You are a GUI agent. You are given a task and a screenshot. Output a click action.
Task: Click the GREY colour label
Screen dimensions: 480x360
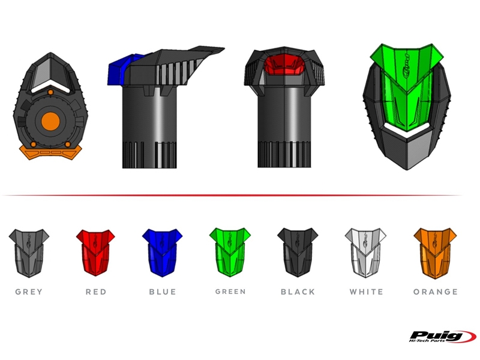(x=29, y=292)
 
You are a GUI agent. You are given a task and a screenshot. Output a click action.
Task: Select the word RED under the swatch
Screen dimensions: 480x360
(x=96, y=292)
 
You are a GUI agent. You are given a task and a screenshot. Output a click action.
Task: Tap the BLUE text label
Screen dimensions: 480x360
(x=163, y=292)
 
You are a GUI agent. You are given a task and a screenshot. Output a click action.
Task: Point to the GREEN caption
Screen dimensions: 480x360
(x=230, y=292)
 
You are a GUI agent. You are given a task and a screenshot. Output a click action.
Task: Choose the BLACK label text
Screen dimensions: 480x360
(x=298, y=292)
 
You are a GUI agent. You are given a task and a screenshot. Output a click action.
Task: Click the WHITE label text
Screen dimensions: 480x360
(x=367, y=292)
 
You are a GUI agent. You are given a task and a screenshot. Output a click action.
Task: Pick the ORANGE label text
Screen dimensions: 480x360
(x=436, y=292)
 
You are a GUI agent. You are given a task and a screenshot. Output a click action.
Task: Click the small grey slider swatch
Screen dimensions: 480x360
(x=29, y=253)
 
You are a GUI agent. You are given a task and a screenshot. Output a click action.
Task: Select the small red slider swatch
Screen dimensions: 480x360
(x=95, y=253)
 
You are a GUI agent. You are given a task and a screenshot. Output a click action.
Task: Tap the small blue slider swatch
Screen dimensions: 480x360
(x=162, y=253)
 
